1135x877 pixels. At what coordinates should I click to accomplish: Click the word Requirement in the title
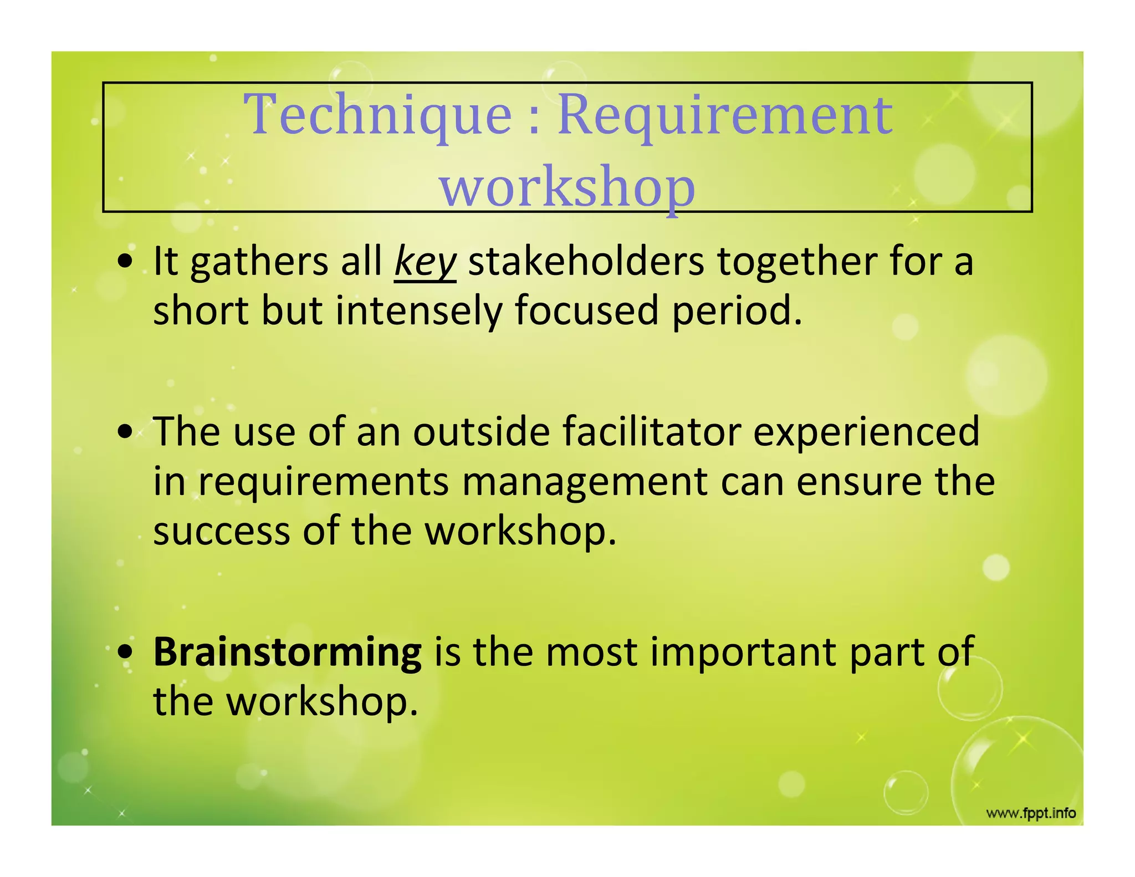[724, 115]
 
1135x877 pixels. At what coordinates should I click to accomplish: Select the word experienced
[866, 432]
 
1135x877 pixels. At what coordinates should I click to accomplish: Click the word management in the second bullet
[584, 482]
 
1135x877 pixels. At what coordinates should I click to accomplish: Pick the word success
[221, 531]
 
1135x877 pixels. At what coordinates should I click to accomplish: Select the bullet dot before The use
[126, 432]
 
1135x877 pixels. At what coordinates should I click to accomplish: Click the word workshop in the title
[567, 187]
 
